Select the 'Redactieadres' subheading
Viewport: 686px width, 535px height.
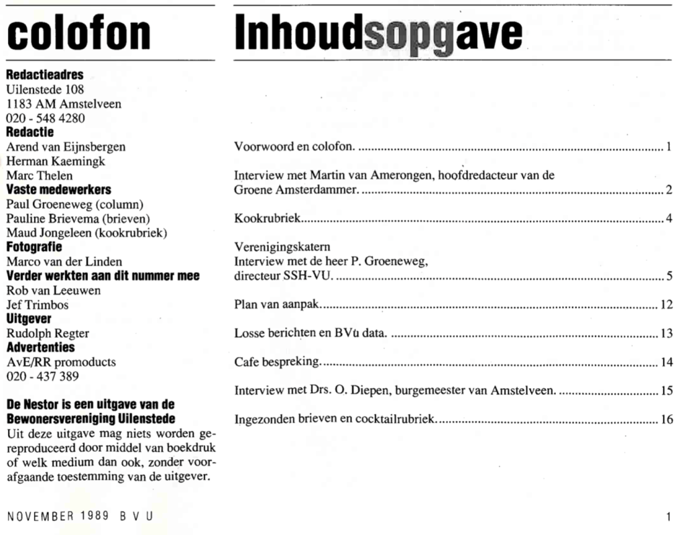pyautogui.click(x=45, y=75)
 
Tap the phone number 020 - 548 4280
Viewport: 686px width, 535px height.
pyautogui.click(x=46, y=118)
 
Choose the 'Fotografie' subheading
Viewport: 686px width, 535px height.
pyautogui.click(x=34, y=247)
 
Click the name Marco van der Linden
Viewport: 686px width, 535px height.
pyautogui.click(x=64, y=262)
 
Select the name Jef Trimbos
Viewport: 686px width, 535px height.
pyautogui.click(x=38, y=305)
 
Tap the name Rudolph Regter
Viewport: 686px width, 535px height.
pyautogui.click(x=48, y=333)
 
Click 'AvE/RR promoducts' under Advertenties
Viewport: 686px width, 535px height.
pyautogui.click(x=61, y=362)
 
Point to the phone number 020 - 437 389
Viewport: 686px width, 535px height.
pyautogui.click(x=42, y=376)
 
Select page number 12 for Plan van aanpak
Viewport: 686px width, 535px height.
pyautogui.click(x=666, y=305)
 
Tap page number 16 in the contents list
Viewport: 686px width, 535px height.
pyautogui.click(x=666, y=420)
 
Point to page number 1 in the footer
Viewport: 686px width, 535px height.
pyautogui.click(x=669, y=516)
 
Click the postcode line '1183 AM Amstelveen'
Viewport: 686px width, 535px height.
pyautogui.click(x=64, y=104)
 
